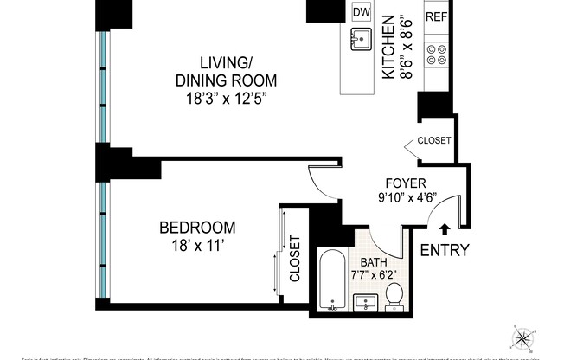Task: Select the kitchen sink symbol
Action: click(x=362, y=40)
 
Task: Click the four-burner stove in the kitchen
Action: click(x=435, y=54)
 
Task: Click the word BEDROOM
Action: click(x=197, y=228)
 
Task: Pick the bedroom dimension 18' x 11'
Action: click(x=197, y=246)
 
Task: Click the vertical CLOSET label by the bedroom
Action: click(x=294, y=259)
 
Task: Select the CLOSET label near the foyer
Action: click(x=433, y=140)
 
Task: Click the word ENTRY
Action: click(x=445, y=251)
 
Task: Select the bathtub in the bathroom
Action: click(x=333, y=281)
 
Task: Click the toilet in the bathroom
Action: click(x=395, y=296)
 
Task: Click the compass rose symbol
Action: click(x=524, y=337)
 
